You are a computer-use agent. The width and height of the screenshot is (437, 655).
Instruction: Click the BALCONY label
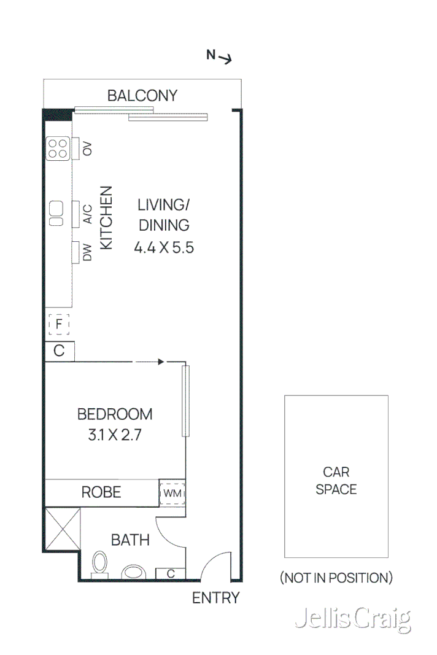tap(142, 96)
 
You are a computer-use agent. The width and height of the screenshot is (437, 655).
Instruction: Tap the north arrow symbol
tap(219, 56)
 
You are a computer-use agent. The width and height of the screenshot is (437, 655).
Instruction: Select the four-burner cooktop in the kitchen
tap(58, 148)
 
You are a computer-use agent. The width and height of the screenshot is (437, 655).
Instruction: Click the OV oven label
tap(87, 149)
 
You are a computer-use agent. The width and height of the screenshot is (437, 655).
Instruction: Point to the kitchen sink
tap(56, 213)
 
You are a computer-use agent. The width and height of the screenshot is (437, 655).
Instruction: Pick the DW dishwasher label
tap(87, 252)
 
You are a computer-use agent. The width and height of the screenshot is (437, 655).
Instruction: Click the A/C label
tap(87, 213)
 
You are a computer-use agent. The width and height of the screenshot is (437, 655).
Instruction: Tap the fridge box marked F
tap(59, 324)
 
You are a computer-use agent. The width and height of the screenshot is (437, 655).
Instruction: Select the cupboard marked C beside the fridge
tap(60, 351)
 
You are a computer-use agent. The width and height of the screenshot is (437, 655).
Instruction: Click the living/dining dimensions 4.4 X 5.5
tap(164, 247)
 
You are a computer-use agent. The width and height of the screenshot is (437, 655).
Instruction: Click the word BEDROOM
tap(115, 414)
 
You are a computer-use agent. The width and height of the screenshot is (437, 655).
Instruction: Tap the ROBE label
tap(101, 492)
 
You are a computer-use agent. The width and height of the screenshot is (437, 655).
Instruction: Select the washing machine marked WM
tap(172, 492)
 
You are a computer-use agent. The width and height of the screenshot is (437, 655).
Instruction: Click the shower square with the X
tap(61, 529)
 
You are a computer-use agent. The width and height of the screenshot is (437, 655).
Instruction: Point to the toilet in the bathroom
tap(99, 564)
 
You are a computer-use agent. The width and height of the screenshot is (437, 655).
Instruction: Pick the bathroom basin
tap(133, 573)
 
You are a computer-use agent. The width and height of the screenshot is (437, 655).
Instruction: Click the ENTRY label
tap(216, 597)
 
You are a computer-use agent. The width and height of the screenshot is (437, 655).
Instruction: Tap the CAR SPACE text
tap(336, 481)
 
